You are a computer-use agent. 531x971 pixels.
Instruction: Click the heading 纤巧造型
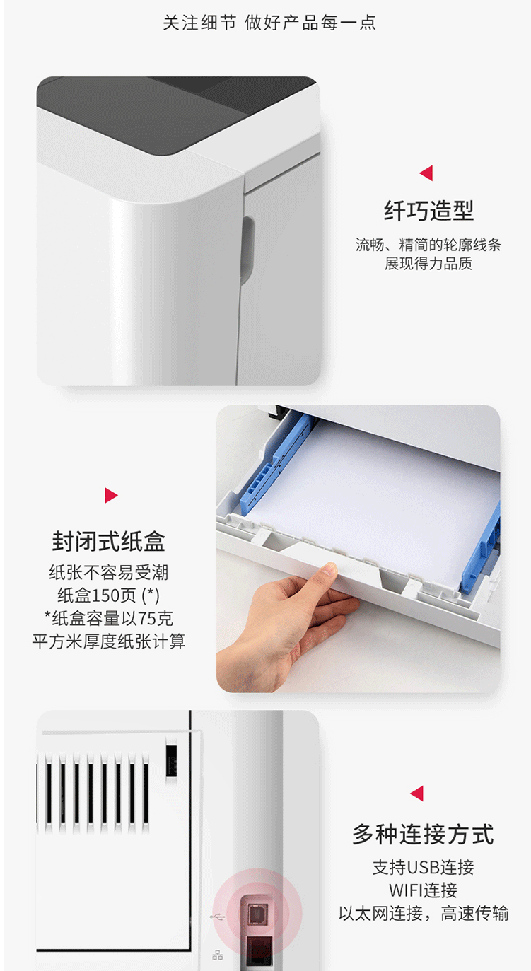click(428, 211)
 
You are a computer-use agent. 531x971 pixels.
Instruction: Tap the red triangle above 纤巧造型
click(426, 173)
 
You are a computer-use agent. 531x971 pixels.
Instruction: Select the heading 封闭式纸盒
click(108, 542)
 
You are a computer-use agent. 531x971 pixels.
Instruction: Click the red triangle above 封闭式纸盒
click(110, 495)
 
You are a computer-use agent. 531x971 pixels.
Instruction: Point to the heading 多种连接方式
click(423, 834)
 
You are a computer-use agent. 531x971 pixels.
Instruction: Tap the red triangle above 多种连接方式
click(417, 793)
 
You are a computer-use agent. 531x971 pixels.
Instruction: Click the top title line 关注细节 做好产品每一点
click(269, 23)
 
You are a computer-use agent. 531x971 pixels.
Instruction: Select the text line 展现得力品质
click(428, 264)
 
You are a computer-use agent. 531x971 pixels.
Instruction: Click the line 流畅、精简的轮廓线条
click(428, 245)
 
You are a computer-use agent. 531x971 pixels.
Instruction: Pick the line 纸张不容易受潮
click(108, 573)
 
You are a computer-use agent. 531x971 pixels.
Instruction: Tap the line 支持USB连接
click(423, 868)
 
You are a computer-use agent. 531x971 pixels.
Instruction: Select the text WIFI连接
click(423, 890)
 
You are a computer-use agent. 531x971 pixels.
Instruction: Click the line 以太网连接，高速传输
click(423, 913)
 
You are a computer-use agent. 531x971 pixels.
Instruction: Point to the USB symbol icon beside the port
click(217, 917)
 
